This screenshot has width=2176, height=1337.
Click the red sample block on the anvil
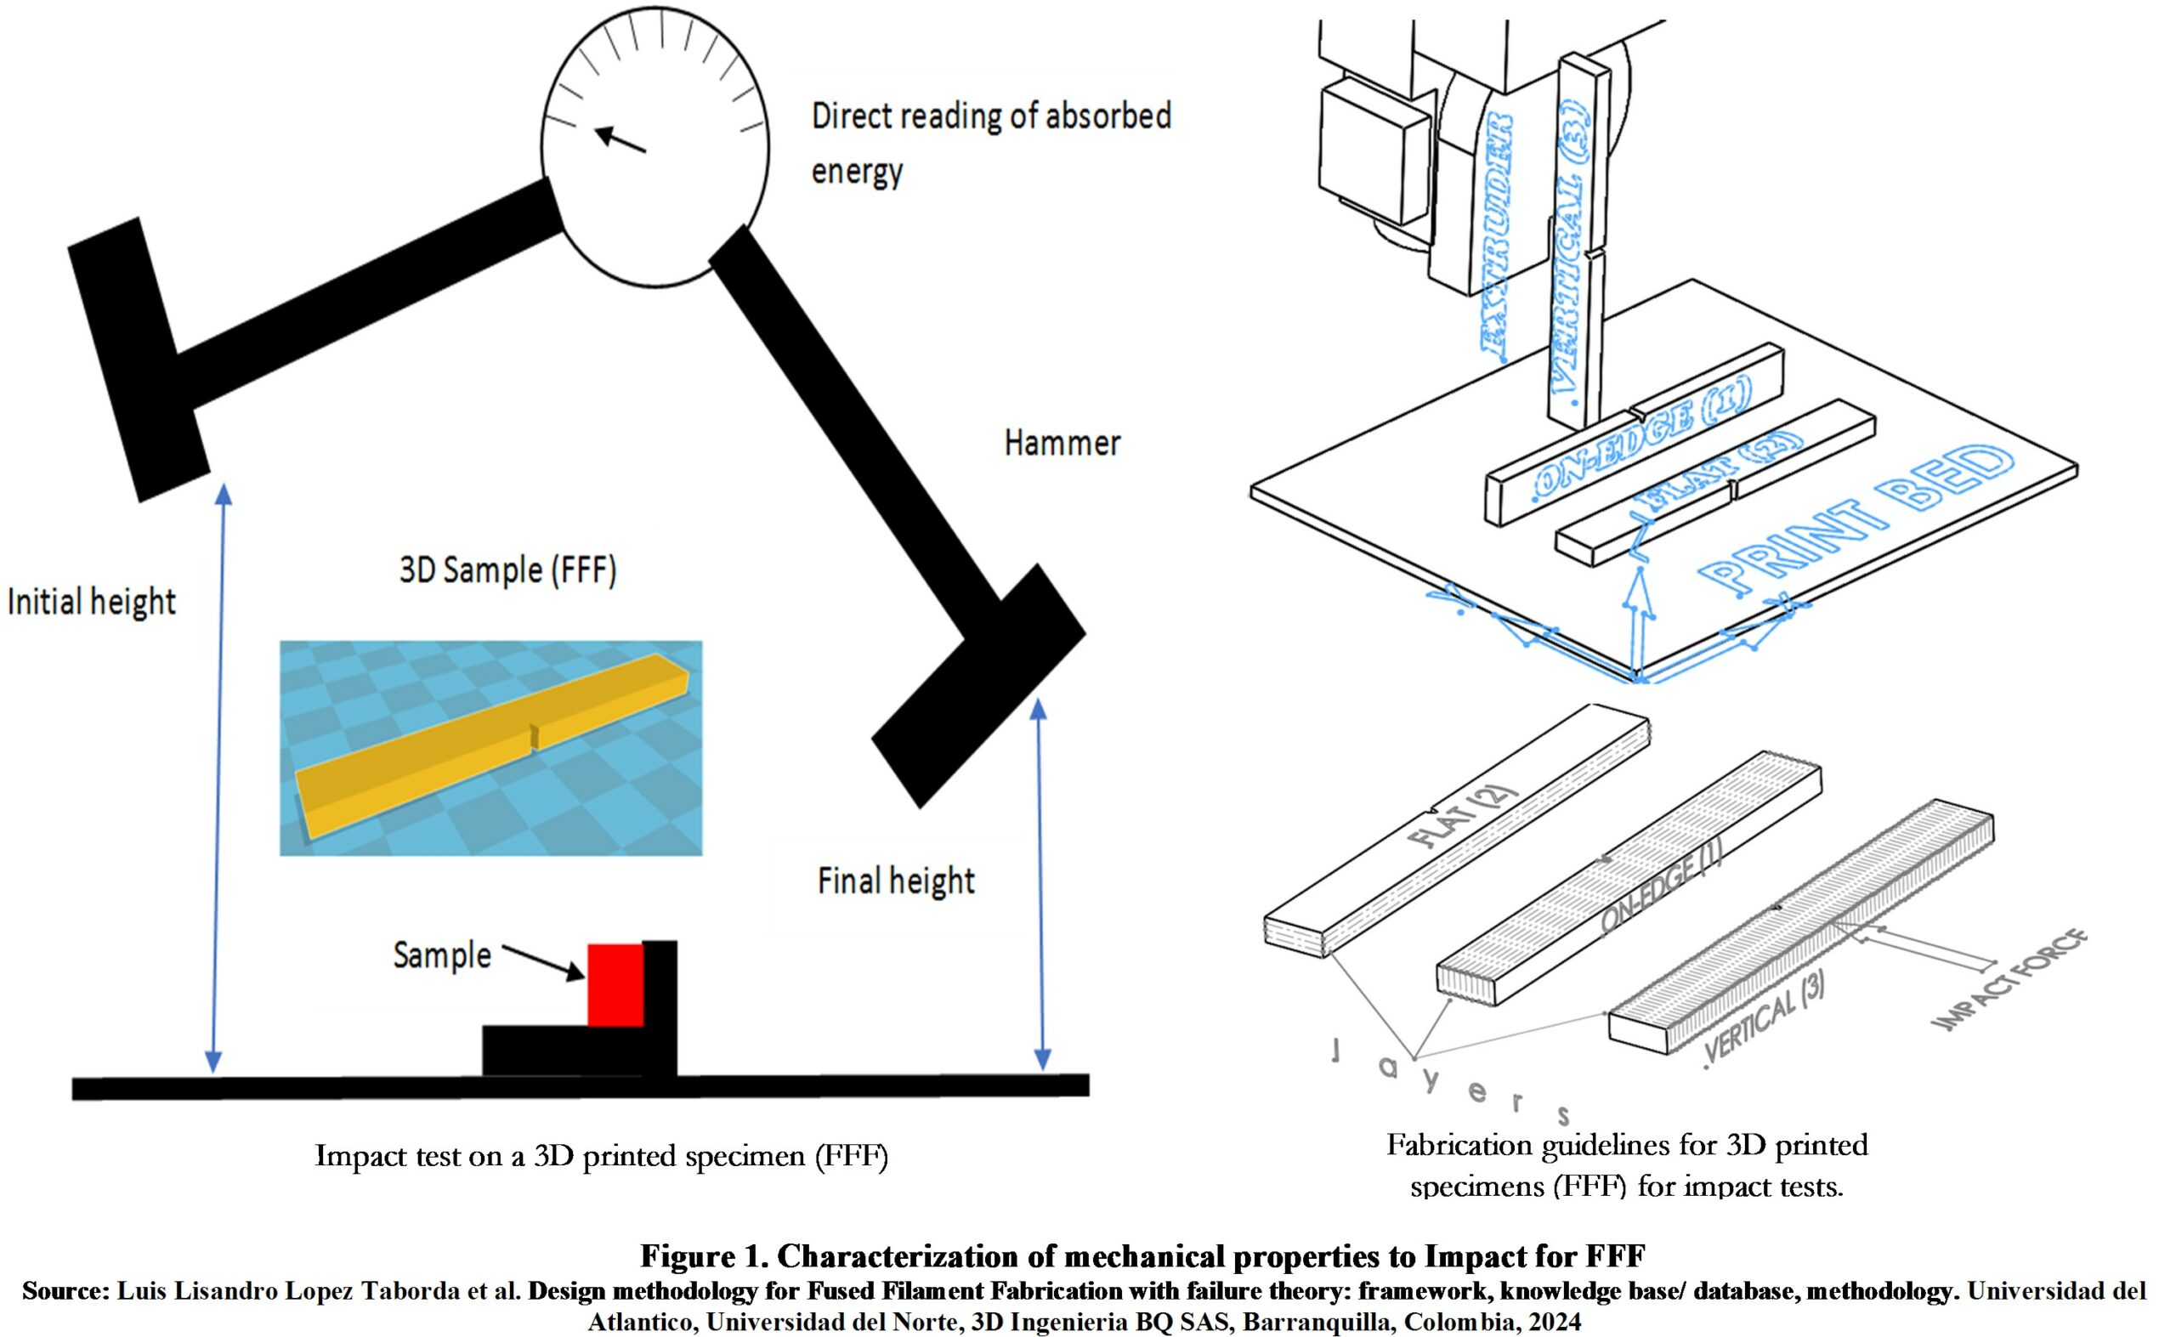click(615, 985)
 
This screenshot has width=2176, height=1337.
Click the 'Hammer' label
click(1062, 443)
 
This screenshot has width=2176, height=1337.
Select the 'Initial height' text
click(91, 602)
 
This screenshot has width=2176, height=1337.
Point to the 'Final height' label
click(896, 881)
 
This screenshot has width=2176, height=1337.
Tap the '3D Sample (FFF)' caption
click(507, 570)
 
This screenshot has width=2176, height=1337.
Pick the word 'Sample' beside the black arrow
click(442, 956)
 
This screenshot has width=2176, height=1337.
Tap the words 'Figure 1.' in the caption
click(703, 1256)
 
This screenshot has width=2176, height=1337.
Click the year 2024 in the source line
click(1553, 1322)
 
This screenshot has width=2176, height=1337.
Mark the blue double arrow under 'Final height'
click(1041, 884)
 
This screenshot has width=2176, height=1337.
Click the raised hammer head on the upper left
click(139, 360)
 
